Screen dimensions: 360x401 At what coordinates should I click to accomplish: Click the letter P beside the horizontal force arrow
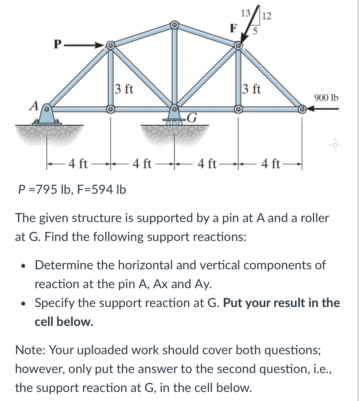click(58, 44)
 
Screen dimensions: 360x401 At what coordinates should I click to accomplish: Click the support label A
click(35, 105)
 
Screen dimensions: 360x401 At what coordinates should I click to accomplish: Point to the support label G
click(192, 117)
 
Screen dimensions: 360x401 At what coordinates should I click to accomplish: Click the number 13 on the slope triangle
click(246, 13)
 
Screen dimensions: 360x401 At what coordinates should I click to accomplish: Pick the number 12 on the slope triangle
click(266, 16)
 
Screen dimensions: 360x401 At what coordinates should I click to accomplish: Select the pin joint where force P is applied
click(111, 45)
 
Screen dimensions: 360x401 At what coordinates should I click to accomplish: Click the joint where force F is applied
click(238, 46)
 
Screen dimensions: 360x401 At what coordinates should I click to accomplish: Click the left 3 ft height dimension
click(124, 89)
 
